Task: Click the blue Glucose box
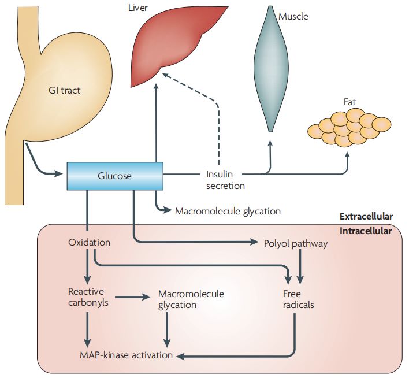114,175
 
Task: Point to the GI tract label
64,90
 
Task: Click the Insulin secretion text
225,179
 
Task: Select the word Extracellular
366,217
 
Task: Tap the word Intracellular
366,231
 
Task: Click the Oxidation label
89,243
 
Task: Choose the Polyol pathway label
296,243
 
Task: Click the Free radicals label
298,299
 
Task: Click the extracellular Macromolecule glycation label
228,211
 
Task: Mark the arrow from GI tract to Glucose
40,165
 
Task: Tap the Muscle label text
293,16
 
